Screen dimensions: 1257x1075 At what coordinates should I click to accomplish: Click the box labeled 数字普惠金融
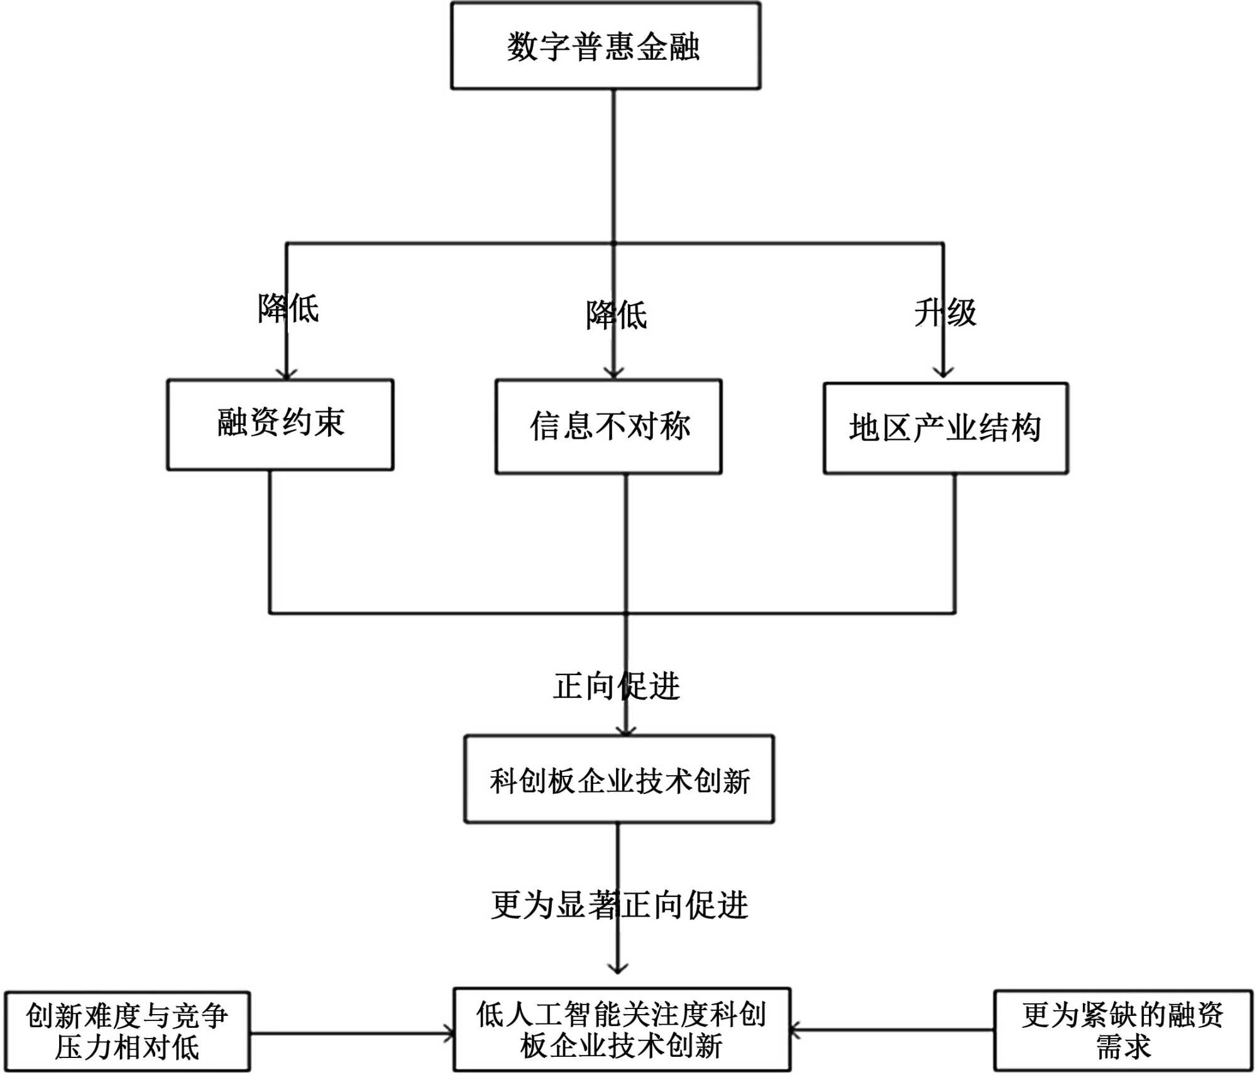click(x=606, y=46)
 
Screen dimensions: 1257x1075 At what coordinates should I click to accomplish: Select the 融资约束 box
click(x=280, y=424)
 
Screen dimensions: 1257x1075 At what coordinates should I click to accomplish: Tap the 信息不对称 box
click(x=608, y=426)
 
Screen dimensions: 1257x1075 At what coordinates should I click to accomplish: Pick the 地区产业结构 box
click(x=946, y=428)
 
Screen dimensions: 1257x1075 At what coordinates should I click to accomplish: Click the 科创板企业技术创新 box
click(x=619, y=779)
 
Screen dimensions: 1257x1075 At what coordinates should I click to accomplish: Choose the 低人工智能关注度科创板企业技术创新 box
click(x=622, y=1030)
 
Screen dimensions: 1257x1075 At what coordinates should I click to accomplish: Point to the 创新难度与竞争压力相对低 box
click(x=128, y=1032)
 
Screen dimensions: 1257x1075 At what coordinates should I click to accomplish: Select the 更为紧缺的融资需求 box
click(x=1123, y=1030)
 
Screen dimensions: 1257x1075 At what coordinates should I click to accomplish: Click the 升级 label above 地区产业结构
click(x=945, y=312)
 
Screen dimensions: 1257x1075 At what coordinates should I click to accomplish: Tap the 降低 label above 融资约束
click(x=288, y=308)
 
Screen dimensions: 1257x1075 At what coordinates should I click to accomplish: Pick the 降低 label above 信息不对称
click(x=617, y=315)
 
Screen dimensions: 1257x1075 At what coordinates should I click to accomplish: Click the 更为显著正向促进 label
click(x=620, y=905)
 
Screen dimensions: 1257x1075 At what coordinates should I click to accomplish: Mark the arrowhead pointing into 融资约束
click(x=287, y=375)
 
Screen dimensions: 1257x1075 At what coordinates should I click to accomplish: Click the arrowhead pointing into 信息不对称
click(x=613, y=373)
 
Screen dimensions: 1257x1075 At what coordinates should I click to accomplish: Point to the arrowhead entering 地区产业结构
click(x=943, y=372)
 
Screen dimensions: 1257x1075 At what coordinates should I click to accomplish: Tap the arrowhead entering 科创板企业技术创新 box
click(x=625, y=730)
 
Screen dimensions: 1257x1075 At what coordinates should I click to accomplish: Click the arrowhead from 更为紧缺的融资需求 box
click(x=795, y=1030)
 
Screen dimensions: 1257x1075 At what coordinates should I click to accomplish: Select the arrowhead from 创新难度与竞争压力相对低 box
click(x=449, y=1033)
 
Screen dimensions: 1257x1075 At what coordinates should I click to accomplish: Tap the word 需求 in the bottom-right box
click(x=1123, y=1047)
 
